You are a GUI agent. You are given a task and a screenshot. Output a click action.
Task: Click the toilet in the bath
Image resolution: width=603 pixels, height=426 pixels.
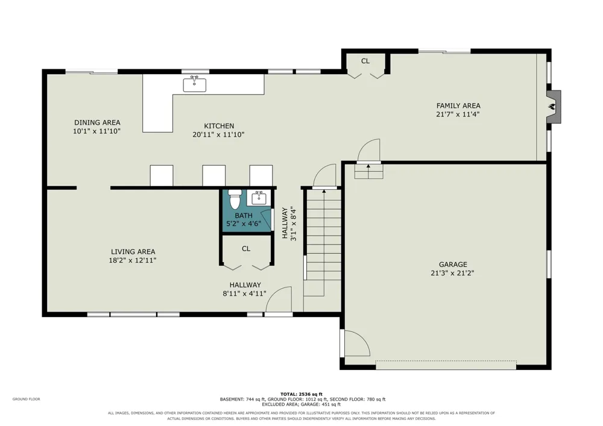[x=234, y=199]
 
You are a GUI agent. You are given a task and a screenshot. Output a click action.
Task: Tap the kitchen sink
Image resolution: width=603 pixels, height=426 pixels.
[x=194, y=84]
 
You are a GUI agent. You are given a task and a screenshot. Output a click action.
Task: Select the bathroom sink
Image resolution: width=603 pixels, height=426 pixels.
[x=259, y=198]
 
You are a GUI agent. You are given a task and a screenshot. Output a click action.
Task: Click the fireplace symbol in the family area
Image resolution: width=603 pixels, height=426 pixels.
[x=554, y=107]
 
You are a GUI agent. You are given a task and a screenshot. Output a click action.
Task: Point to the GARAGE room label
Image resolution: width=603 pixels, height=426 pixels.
[x=453, y=265]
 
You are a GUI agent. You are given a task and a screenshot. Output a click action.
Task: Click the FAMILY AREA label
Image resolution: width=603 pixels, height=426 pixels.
[x=458, y=105]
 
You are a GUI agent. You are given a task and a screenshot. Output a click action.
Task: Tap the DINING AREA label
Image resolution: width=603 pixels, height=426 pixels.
[x=97, y=122]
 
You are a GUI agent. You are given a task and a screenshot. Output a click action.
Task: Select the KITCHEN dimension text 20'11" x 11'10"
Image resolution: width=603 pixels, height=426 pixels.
[x=218, y=134]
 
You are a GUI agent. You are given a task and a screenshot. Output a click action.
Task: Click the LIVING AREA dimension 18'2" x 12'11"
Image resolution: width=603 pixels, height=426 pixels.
[x=133, y=260]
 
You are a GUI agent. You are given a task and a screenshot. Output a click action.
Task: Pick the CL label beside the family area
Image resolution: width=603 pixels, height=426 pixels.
[x=365, y=61]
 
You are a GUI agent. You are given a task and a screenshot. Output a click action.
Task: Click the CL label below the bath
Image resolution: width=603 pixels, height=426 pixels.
[x=246, y=249]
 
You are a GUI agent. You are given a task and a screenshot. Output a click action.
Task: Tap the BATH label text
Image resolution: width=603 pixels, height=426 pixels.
[x=244, y=216]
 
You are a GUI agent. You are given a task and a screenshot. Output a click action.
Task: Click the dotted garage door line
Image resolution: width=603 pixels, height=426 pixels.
[x=446, y=361]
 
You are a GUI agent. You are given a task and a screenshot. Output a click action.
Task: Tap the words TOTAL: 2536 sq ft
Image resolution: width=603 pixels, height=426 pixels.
[x=301, y=394]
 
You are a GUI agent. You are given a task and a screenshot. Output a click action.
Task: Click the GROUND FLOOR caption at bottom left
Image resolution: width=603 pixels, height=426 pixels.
[x=26, y=399]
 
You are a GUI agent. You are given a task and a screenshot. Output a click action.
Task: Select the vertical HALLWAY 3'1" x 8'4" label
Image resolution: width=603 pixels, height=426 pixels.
[x=289, y=224]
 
